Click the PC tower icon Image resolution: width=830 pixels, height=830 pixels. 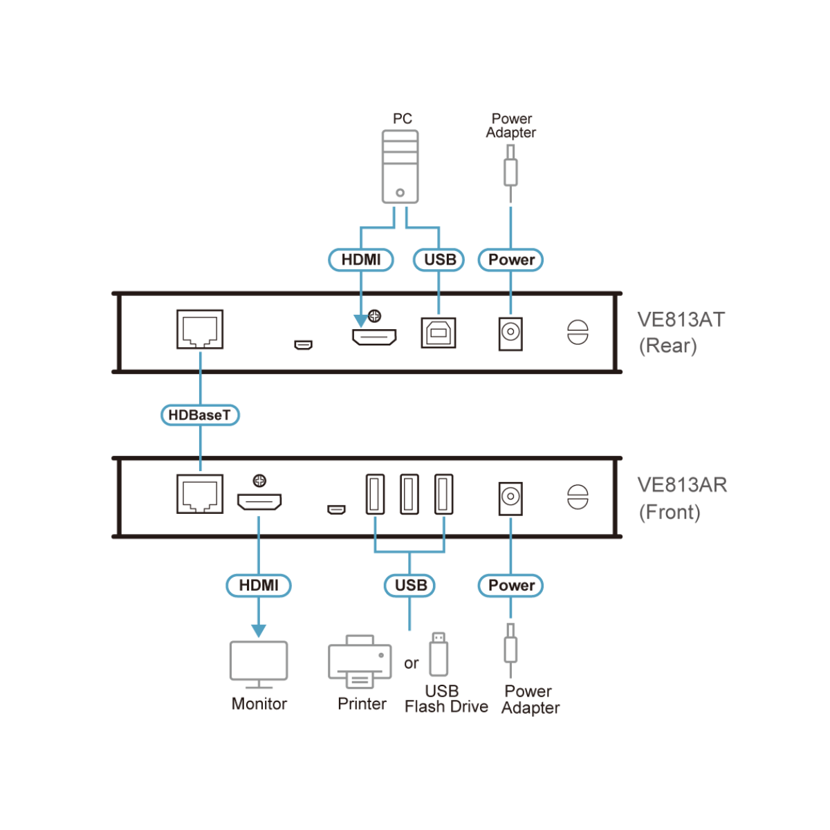400,167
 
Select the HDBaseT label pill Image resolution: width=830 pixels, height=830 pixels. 200,415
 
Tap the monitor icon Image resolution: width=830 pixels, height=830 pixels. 259,663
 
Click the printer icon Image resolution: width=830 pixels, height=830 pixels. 360,662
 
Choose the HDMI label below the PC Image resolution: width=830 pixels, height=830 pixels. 361,260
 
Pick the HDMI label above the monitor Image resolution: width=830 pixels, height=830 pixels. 259,585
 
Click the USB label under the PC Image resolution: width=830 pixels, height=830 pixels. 439,260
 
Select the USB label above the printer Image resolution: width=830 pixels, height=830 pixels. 409,585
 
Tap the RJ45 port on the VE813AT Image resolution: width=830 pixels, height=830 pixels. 200,329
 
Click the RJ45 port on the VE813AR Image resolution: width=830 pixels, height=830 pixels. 200,494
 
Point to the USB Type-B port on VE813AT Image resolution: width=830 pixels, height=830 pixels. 439,333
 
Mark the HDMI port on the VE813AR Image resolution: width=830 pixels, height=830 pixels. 259,501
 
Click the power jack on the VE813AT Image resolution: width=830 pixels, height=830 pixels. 510,333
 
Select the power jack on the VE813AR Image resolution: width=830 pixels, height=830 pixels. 510,498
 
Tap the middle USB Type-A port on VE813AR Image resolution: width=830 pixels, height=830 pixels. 409,494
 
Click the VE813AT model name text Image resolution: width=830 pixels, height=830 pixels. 681,320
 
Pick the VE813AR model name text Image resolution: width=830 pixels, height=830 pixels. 682,485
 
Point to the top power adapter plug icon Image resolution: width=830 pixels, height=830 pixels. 510,169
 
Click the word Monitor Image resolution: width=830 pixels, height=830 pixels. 259,704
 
